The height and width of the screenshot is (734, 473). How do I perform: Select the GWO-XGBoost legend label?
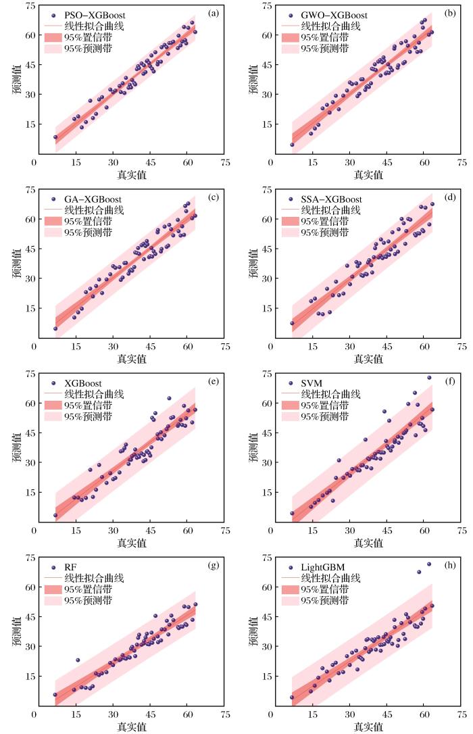click(x=330, y=15)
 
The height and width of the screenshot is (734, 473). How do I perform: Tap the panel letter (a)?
click(x=213, y=13)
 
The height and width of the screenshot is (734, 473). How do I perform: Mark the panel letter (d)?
click(x=450, y=197)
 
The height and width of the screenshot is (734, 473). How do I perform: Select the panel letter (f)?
click(x=451, y=381)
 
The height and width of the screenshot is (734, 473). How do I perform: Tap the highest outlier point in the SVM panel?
click(x=428, y=378)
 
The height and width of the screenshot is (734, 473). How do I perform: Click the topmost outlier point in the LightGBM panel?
click(x=428, y=564)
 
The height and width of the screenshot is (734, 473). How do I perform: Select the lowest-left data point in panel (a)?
click(x=55, y=137)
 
